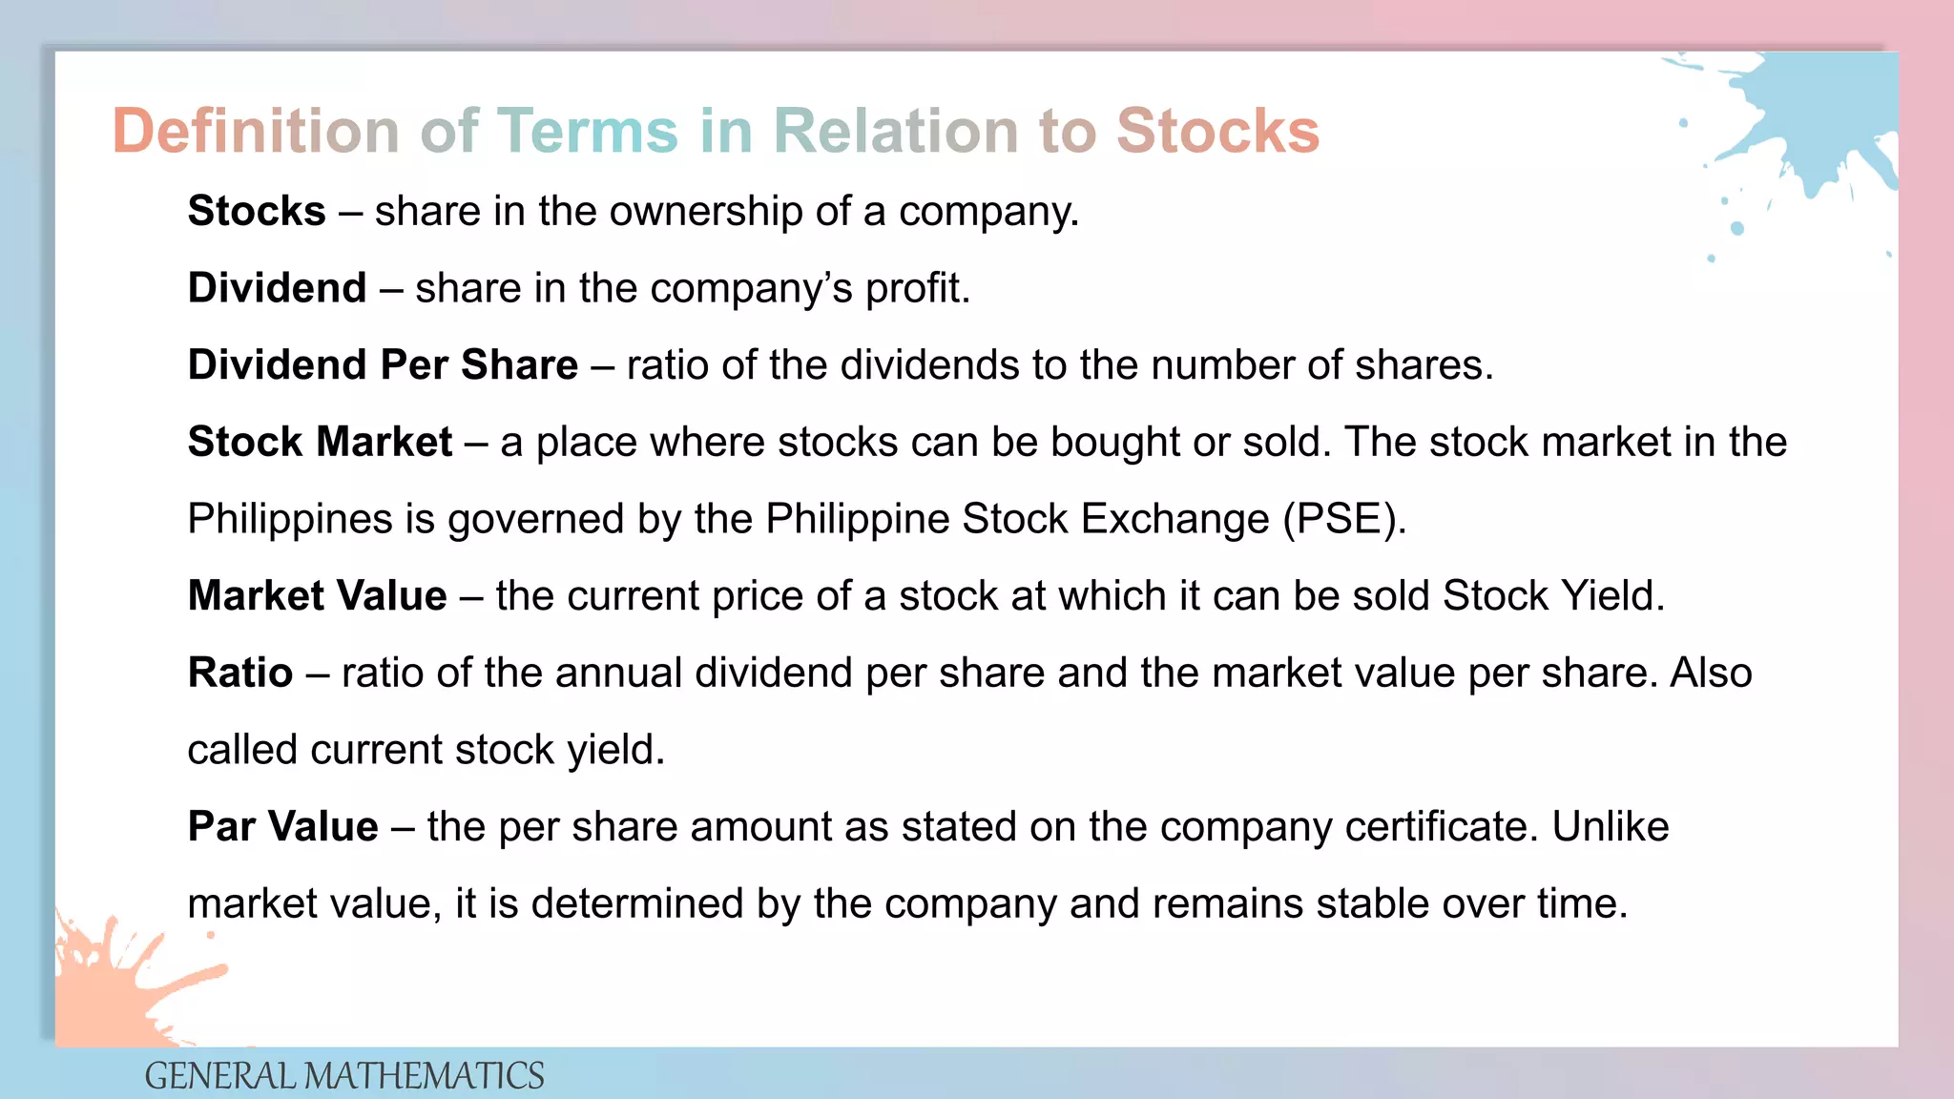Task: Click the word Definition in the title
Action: (256, 131)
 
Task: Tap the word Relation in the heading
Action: (896, 131)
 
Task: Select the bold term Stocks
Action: (257, 211)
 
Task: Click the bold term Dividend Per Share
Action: (383, 364)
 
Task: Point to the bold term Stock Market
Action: (320, 442)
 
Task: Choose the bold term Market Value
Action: (317, 595)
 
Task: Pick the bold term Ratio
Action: (239, 673)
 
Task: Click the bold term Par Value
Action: (282, 826)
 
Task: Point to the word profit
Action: (917, 288)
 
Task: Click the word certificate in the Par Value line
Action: (1442, 826)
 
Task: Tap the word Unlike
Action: (1611, 826)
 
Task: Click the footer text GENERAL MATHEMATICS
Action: (343, 1076)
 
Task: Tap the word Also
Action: (1711, 673)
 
